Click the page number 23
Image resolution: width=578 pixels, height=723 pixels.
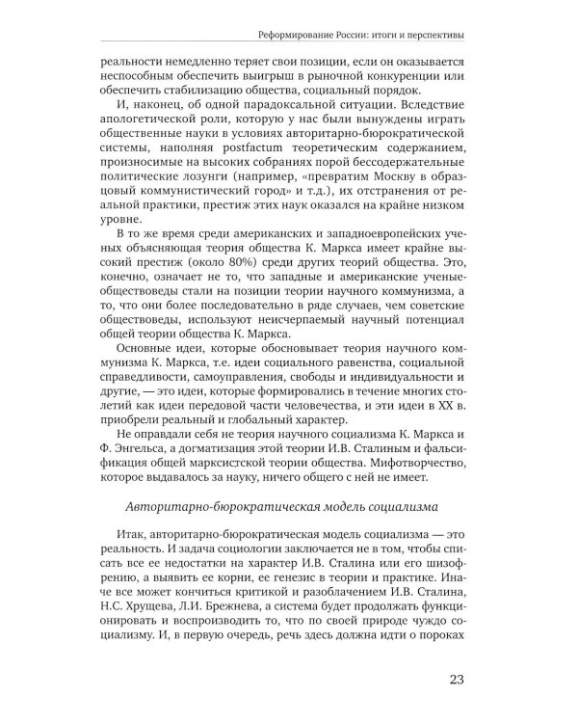coord(457,683)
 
